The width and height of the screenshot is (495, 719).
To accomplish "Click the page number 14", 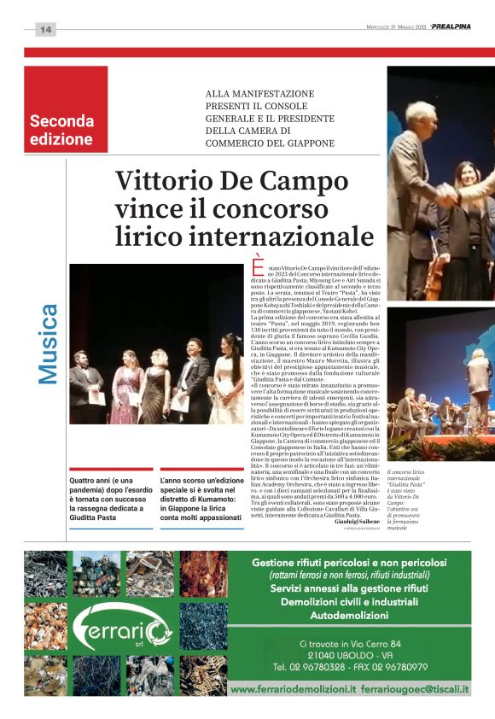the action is click(x=45, y=30).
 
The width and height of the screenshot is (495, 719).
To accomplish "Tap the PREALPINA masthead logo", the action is click(x=451, y=26).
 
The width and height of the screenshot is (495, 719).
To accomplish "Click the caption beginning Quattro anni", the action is click(x=108, y=499).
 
